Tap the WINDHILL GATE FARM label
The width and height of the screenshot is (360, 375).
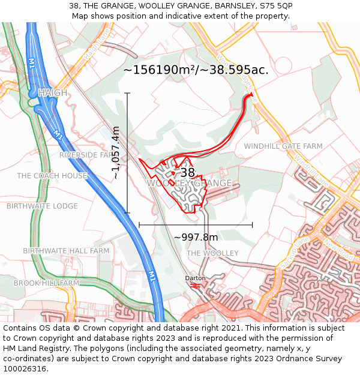click(x=283, y=146)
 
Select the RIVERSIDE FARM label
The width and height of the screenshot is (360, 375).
click(x=86, y=155)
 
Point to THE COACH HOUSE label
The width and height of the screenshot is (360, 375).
click(x=52, y=176)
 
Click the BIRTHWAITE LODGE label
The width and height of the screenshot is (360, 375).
click(x=42, y=206)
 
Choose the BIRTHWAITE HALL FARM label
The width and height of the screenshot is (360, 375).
click(x=66, y=250)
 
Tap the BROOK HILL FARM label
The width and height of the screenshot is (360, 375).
click(x=46, y=283)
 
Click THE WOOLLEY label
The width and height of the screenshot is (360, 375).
click(x=212, y=253)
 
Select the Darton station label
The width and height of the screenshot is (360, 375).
click(x=195, y=278)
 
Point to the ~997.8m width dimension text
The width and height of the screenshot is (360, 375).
click(x=196, y=237)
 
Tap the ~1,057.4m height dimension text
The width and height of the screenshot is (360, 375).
click(x=116, y=153)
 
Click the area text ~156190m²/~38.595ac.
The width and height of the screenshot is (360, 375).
click(x=196, y=70)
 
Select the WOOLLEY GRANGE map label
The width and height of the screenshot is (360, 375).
click(x=190, y=183)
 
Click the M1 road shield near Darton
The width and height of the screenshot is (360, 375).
click(x=152, y=276)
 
